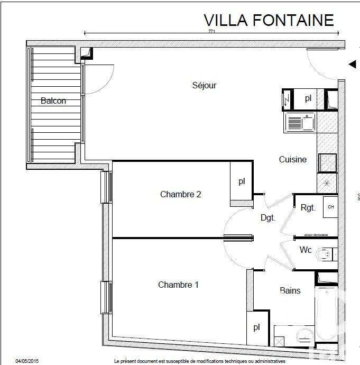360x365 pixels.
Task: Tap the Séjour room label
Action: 204,85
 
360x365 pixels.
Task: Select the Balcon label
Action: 53,101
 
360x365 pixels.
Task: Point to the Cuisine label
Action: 292,159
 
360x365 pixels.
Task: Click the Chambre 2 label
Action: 180,194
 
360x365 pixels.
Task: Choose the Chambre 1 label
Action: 178,285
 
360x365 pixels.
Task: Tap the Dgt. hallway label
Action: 268,217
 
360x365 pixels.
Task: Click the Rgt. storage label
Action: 308,207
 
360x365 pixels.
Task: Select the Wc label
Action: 306,249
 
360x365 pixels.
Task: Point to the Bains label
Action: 290,290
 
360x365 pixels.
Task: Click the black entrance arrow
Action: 352,64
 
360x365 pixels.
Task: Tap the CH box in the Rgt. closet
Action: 331,207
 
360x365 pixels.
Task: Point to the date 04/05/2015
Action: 27,361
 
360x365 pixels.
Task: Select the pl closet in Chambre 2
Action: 242,181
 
